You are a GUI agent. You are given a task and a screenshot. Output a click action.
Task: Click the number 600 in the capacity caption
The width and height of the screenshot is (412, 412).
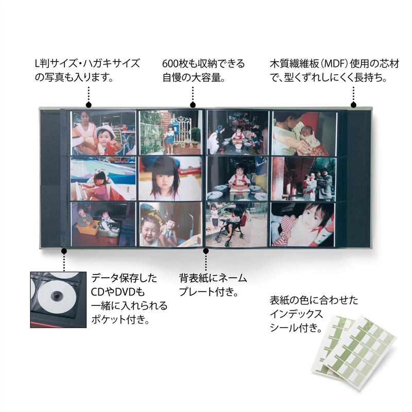tap(170, 64)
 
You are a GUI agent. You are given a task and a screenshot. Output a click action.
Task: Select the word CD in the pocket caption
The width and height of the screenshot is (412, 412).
tap(97, 292)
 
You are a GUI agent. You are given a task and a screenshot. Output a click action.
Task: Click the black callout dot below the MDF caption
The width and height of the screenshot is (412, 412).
tap(353, 105)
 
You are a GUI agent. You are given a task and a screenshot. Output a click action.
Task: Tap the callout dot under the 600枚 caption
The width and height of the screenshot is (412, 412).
tap(193, 105)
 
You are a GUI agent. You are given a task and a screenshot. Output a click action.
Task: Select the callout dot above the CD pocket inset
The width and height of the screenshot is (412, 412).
tap(64, 251)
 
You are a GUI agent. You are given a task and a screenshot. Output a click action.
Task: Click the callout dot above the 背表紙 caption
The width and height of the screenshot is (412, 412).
tap(206, 251)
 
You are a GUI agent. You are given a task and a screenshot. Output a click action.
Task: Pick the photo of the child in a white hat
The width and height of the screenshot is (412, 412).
tap(104, 133)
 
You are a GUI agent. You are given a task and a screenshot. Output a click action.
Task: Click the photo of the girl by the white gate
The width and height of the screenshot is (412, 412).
tap(170, 132)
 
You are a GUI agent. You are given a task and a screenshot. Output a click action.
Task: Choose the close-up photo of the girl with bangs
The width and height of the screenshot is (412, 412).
tap(170, 179)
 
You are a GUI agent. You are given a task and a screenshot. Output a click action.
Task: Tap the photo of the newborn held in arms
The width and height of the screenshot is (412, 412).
tap(304, 133)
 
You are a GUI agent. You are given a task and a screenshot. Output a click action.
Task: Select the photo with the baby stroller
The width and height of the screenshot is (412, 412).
tap(237, 225)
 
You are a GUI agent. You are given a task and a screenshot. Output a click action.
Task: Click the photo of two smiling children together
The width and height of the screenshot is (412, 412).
tap(170, 224)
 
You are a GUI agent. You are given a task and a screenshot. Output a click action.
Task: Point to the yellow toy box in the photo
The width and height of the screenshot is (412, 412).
tap(88, 227)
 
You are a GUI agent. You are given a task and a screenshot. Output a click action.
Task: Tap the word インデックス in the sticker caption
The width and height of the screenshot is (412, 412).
tap(296, 314)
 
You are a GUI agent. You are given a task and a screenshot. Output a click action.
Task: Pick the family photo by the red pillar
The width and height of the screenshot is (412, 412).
tap(303, 179)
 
